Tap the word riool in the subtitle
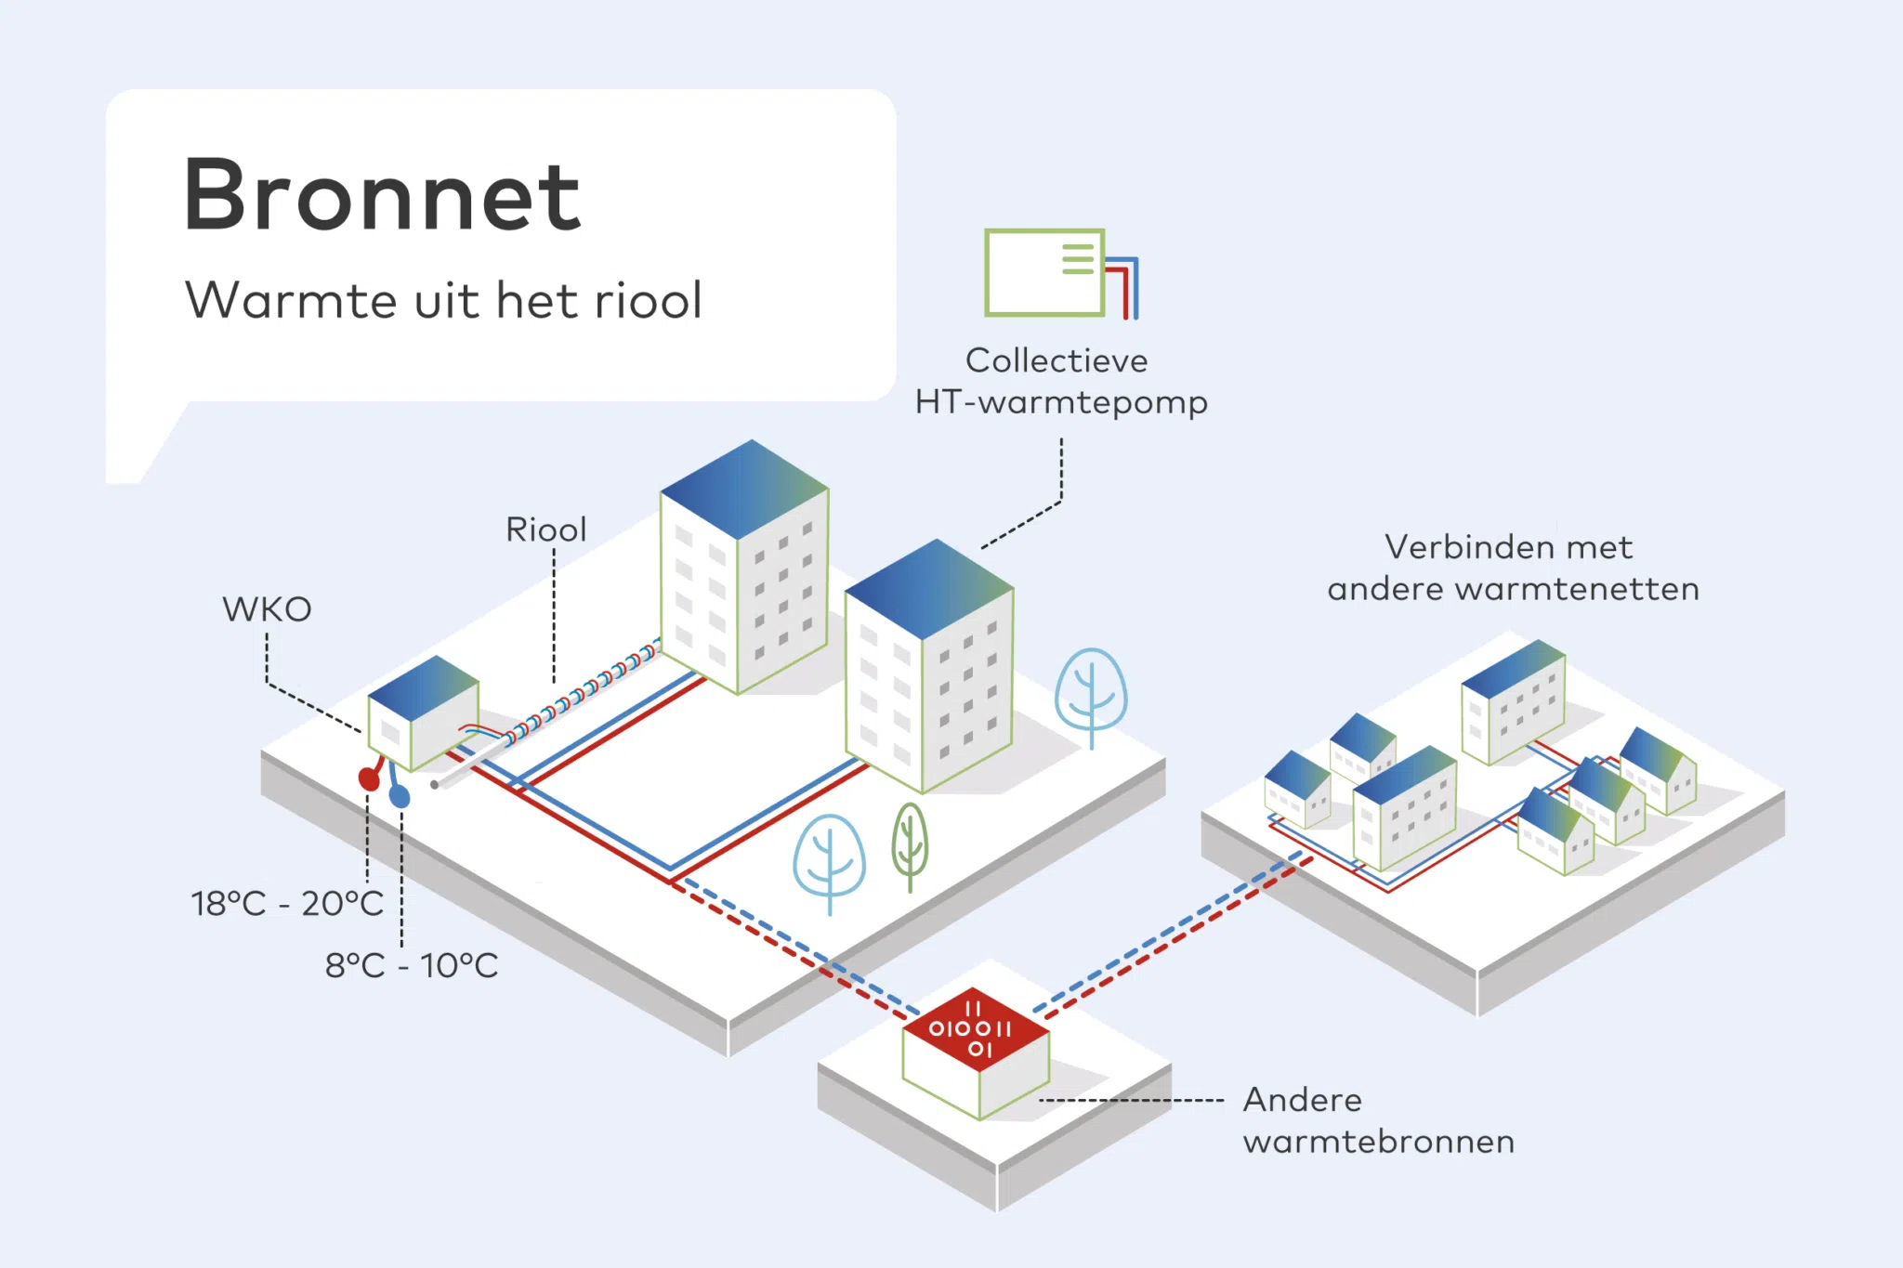click(x=648, y=300)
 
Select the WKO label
click(x=267, y=609)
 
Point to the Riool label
click(x=546, y=529)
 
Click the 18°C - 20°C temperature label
click(x=287, y=903)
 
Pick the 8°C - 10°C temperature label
click(x=412, y=965)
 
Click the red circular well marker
click(x=369, y=778)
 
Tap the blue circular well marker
click(x=400, y=796)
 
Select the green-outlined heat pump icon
click(x=1045, y=273)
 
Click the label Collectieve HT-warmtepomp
click(x=1061, y=382)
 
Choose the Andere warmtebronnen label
click(x=1378, y=1120)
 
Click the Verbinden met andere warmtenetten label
click(x=1513, y=568)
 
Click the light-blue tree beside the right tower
click(x=1091, y=692)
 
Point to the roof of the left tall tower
click(x=743, y=488)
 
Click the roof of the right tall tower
click(x=929, y=587)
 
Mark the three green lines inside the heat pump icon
click(x=1078, y=259)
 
